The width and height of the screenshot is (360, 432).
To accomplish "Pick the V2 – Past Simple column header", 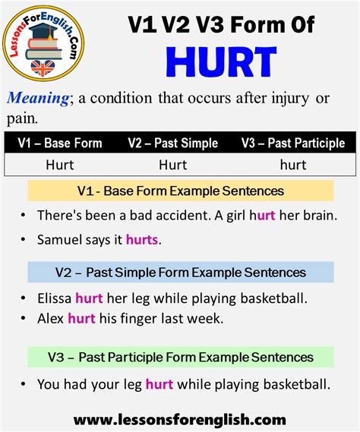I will (x=173, y=143).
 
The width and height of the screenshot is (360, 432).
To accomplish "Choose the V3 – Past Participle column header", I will (x=292, y=143).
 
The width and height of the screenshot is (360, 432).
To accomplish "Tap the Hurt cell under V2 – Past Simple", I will (x=173, y=164).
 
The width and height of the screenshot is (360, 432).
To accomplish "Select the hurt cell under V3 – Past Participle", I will (x=292, y=164).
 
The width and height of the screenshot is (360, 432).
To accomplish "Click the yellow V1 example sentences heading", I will (x=180, y=190).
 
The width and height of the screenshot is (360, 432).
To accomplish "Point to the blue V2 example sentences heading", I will (x=180, y=272).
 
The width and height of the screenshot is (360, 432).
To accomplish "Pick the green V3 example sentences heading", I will (x=180, y=356).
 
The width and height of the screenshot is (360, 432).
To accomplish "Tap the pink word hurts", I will (x=143, y=239).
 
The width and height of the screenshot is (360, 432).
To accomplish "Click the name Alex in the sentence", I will (x=50, y=319).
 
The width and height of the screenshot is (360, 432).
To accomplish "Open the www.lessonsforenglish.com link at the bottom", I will (x=180, y=419).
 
